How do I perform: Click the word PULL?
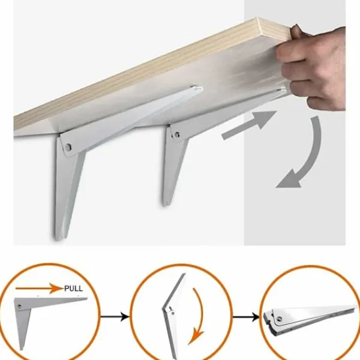coord(73,288)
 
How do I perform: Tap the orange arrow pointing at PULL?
coord(39,288)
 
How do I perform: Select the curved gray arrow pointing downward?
coord(305,156)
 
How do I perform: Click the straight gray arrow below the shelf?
coord(249,125)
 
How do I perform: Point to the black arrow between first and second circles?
coord(115,317)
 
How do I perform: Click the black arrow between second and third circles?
coord(246,317)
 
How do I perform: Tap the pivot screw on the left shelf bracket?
coord(68,147)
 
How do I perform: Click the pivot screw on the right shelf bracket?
coord(177,134)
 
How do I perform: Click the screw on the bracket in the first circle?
coord(19,306)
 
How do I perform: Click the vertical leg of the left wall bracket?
coord(67,191)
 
